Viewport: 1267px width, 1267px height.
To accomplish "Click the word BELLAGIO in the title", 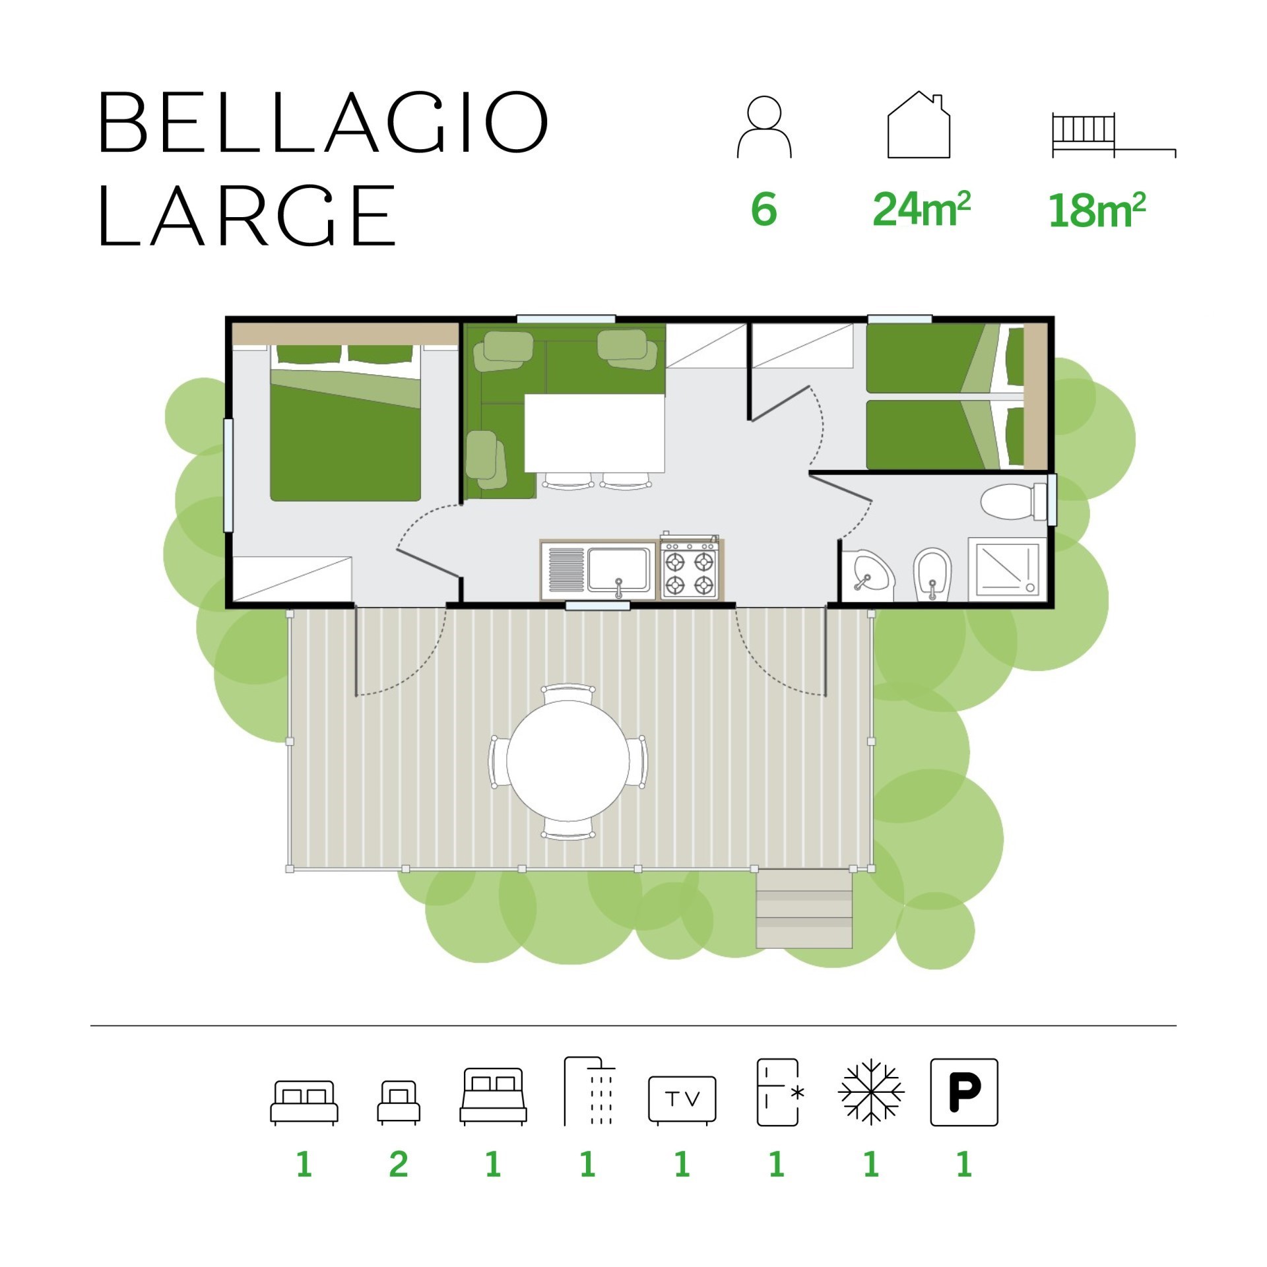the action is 323,123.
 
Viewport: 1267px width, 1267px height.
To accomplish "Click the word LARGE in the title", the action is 247,215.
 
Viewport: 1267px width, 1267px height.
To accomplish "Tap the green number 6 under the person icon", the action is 764,209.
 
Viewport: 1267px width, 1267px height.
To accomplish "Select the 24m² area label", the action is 921,209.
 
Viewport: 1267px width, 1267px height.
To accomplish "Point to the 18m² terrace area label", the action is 1097,210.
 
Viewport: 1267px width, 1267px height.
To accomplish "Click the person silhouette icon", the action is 764,127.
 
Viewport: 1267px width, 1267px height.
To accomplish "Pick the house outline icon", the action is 919,125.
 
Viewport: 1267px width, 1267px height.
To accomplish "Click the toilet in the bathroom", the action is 1013,502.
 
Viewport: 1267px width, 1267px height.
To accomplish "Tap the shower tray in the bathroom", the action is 1007,569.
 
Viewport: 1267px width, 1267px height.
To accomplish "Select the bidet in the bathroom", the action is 932,575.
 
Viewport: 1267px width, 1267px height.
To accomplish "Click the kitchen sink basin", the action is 618,569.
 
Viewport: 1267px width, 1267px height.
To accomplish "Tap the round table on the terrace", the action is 568,762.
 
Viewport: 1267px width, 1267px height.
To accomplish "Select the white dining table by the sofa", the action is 595,433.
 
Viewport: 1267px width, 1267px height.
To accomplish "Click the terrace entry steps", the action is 804,909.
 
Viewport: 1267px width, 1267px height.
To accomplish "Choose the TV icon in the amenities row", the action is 682,1099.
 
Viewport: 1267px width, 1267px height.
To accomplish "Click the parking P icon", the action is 964,1092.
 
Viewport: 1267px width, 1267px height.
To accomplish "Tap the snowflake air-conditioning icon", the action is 871,1092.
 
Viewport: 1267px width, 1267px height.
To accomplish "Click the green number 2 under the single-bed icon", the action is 399,1164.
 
